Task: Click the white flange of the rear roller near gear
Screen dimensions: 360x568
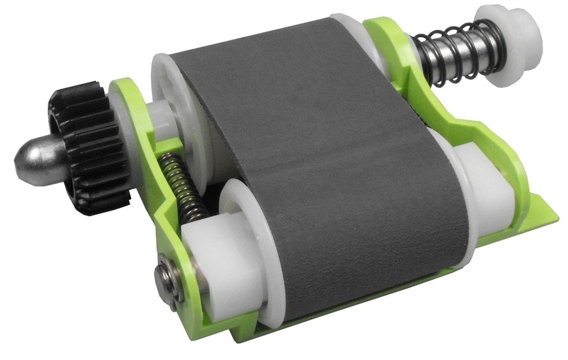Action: coord(164,93)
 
